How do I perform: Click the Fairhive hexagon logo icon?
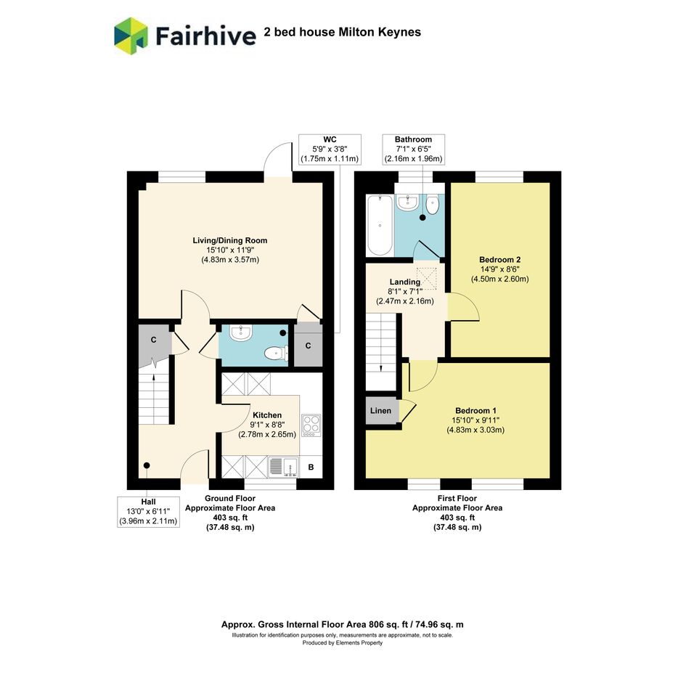point(131,36)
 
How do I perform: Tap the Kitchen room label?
point(267,415)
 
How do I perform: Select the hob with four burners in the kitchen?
point(311,425)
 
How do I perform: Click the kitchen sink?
point(283,467)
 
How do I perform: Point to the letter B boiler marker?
point(311,467)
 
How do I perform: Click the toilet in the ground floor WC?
point(277,353)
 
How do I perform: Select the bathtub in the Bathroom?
point(380,225)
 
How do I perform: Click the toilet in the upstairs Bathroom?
point(432,205)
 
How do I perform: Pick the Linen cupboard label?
point(380,411)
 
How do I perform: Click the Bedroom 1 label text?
point(475,411)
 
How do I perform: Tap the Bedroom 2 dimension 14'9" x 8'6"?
point(499,269)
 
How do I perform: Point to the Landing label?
point(404,282)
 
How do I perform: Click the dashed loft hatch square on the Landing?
point(427,278)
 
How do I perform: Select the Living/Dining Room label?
point(230,240)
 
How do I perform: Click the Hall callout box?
point(148,512)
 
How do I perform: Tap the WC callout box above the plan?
point(330,150)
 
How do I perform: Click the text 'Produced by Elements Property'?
point(343,642)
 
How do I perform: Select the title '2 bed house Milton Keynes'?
point(343,32)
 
